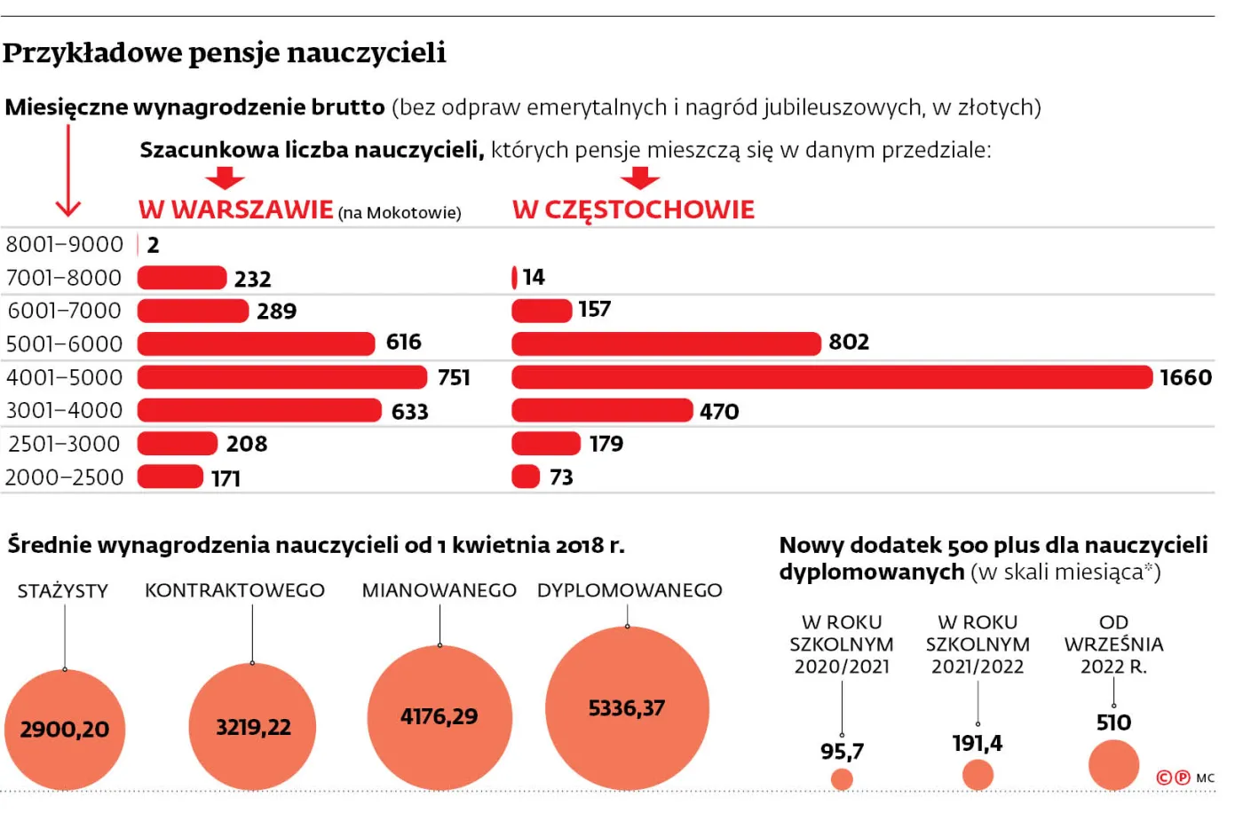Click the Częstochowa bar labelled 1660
[831, 377]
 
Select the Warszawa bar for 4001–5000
[281, 377]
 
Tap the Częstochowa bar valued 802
[666, 343]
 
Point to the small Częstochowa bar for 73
[526, 477]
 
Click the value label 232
[252, 279]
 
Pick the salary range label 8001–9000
[65, 244]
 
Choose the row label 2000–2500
[65, 478]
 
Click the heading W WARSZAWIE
[235, 209]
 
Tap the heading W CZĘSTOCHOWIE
[633, 209]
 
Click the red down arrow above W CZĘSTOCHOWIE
[639, 178]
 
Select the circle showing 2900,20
[65, 730]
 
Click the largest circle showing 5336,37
[627, 708]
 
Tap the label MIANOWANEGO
[439, 590]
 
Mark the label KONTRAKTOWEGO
[234, 590]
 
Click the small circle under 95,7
[842, 779]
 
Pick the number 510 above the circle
[1113, 722]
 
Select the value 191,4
[977, 743]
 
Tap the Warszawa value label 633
[409, 412]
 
